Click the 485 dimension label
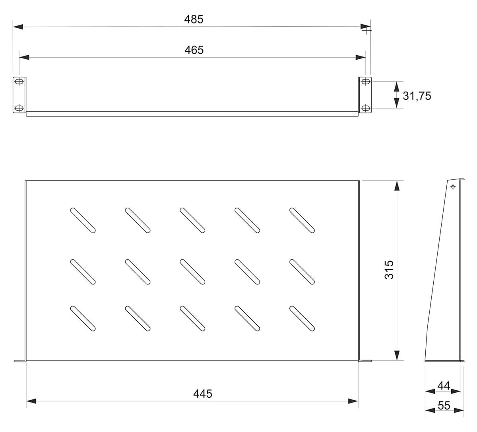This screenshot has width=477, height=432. pyautogui.click(x=194, y=19)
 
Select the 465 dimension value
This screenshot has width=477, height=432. pyautogui.click(x=194, y=50)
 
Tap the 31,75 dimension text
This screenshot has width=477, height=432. pyautogui.click(x=417, y=96)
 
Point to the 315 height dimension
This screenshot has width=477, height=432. pyautogui.click(x=389, y=270)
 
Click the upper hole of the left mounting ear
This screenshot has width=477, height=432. pyautogui.click(x=19, y=82)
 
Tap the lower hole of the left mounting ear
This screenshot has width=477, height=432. pyautogui.click(x=19, y=108)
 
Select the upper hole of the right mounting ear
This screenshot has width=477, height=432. pyautogui.click(x=365, y=82)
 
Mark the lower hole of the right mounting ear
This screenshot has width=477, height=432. pyautogui.click(x=365, y=108)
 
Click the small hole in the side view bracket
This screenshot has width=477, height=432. pyautogui.click(x=453, y=187)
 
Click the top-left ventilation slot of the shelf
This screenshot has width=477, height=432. pyautogui.click(x=83, y=220)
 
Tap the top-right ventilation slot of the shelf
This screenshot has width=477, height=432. pyautogui.click(x=302, y=220)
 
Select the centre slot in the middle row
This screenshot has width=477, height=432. pyautogui.click(x=192, y=272)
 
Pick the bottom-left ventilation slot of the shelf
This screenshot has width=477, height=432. pyautogui.click(x=83, y=319)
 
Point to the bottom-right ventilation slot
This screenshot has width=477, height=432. pyautogui.click(x=302, y=319)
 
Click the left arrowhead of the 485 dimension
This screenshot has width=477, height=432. pyautogui.click(x=18, y=27)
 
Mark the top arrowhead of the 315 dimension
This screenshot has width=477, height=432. pyautogui.click(x=397, y=186)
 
